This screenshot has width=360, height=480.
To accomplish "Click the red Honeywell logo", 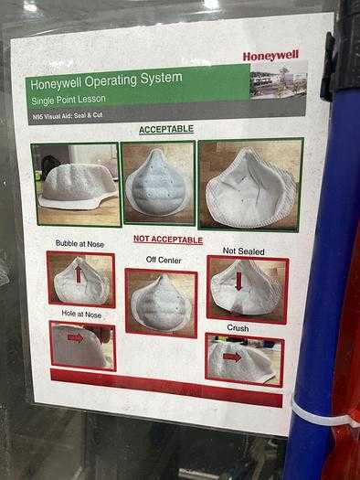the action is [270, 56].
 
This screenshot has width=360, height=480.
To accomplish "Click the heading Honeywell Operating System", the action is [106, 80].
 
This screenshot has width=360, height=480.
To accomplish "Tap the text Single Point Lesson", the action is [69, 100].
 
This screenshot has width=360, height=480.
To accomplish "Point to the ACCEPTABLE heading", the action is [166, 129].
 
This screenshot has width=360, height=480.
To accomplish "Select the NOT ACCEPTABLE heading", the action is [168, 240].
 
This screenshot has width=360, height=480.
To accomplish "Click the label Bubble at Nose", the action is [79, 244].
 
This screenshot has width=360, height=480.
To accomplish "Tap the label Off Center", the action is [164, 260].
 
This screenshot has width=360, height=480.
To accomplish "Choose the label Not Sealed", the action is [243, 251].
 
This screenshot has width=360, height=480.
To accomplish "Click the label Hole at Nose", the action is [81, 314].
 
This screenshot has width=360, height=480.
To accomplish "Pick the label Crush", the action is [238, 328].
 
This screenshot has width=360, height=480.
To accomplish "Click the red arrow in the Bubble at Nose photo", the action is [79, 273].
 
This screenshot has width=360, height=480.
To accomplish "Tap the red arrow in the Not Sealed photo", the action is [238, 281].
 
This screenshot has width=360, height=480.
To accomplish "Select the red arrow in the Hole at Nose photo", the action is [75, 338].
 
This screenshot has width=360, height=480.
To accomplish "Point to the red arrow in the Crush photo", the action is [232, 357].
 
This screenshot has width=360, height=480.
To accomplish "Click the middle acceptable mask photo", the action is [158, 183].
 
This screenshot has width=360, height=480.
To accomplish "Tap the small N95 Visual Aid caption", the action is [68, 116].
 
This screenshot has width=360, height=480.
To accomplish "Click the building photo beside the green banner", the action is [279, 80].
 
